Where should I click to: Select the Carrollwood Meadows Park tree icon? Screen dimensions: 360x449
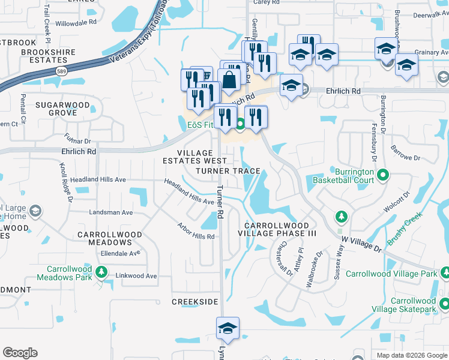click(101, 274)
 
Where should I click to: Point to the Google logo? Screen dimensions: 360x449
click(20, 353)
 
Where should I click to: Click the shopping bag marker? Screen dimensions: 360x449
click(229, 79)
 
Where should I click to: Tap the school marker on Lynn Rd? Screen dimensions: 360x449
click(228, 328)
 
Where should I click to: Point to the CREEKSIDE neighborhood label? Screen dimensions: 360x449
click(195, 302)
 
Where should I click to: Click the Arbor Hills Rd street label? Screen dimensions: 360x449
click(196, 232)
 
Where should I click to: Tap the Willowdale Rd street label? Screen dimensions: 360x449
click(76, 22)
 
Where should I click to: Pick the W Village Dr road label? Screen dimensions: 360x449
click(362, 244)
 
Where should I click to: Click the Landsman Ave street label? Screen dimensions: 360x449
click(110, 212)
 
